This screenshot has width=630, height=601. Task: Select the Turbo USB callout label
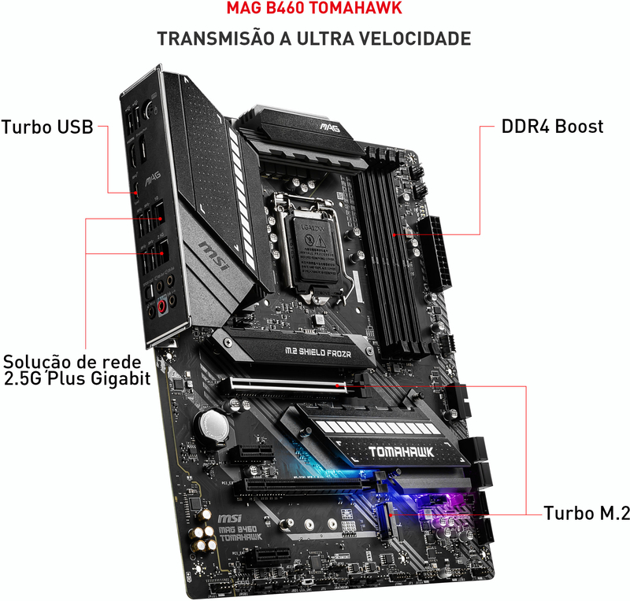coord(47,127)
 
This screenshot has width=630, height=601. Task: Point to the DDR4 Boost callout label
coord(552,126)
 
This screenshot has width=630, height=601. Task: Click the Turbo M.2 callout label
coord(587,514)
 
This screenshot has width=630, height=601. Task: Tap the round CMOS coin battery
coord(213,426)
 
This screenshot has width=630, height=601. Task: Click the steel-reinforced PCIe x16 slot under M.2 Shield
coord(287,385)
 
